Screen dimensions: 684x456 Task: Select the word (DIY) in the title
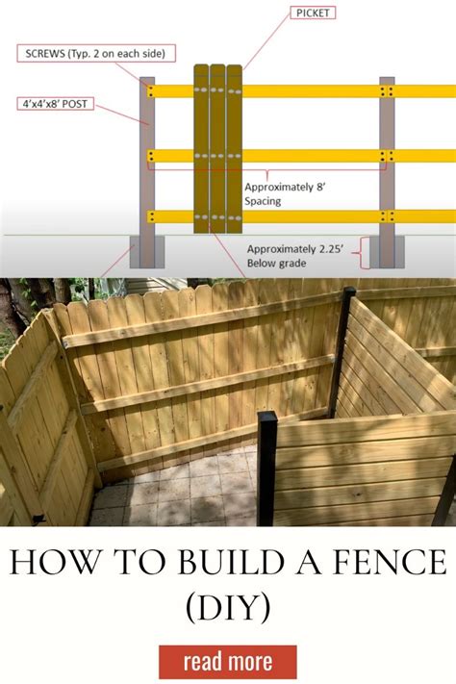pos(228,607)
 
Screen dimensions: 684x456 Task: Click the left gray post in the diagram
pos(147,164)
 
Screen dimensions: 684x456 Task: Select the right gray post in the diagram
pos(387,164)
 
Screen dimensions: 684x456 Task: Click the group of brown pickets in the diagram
pos(217,149)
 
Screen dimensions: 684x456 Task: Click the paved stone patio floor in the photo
pos(183,491)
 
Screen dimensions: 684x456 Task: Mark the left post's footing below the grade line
pos(148,252)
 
